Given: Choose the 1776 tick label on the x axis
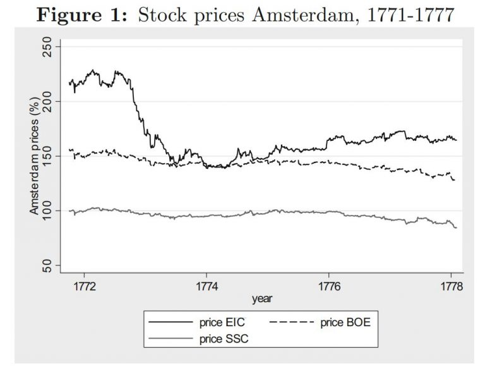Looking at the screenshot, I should point(329,286).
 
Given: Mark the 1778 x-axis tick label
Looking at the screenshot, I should point(451,286).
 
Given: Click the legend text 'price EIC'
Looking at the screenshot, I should point(219,322).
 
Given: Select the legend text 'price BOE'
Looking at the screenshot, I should point(343,322).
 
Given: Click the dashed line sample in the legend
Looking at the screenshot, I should point(292,322).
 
